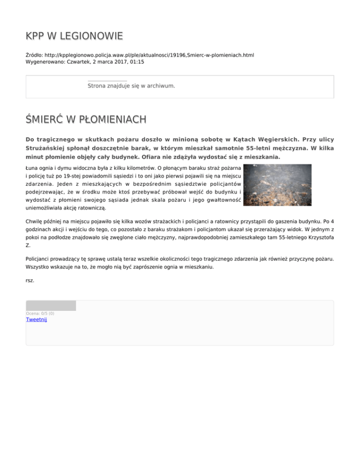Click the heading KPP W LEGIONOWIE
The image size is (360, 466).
(x=75, y=36)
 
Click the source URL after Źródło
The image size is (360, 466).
(x=150, y=55)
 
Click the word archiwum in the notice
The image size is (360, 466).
(x=161, y=86)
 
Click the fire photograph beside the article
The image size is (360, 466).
(x=278, y=185)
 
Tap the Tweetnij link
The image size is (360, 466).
(x=36, y=319)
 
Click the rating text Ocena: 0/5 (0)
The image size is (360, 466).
(x=40, y=313)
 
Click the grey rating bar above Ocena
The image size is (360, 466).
(x=51, y=306)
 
